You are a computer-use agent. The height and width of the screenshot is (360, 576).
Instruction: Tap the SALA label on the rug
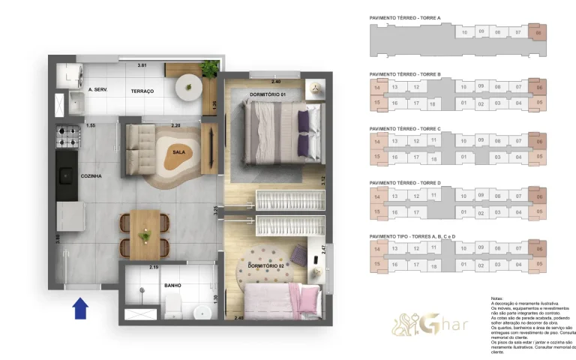pos(179,151)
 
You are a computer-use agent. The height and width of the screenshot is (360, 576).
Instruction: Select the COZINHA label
pos(91,176)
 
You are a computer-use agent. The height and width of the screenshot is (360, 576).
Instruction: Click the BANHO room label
pos(172,286)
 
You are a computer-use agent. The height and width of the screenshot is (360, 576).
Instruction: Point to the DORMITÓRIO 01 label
pos(268,94)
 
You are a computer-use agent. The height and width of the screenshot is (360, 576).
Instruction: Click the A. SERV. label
pos(99,90)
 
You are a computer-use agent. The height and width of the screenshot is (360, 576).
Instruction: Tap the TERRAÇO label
pos(142,91)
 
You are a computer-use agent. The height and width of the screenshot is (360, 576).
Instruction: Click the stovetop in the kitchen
pos(67,136)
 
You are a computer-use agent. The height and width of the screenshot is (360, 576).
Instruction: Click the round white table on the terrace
pos(188,88)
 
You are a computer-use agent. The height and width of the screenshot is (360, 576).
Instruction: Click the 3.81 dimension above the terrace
pos(142,66)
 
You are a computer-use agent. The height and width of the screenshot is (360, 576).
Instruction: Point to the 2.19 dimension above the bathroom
pos(154,267)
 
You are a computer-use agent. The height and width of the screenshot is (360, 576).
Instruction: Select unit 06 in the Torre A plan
pos(537,32)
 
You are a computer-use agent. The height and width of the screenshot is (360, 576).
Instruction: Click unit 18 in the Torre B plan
pos(433,103)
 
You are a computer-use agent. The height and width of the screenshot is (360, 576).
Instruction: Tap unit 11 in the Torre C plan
pos(433,139)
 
